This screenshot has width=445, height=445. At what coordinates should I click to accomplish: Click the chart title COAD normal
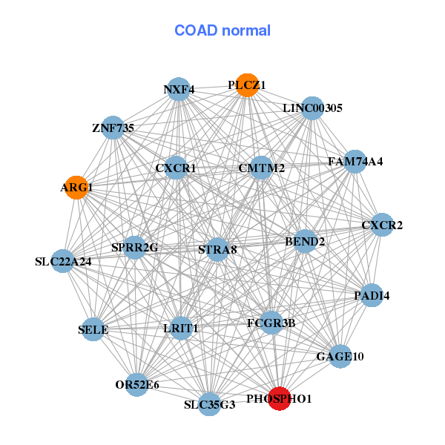pyautogui.click(x=222, y=30)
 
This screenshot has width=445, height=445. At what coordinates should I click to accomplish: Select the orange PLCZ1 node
pyautogui.click(x=243, y=85)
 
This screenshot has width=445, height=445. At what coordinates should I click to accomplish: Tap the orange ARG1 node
pyautogui.click(x=76, y=187)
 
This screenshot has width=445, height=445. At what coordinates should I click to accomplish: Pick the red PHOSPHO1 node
pyautogui.click(x=279, y=398)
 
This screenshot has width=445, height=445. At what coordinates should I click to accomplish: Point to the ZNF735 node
pyautogui.click(x=113, y=128)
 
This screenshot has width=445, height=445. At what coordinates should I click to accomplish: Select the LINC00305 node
pyautogui.click(x=312, y=108)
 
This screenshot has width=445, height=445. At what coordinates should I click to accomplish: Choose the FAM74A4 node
pyautogui.click(x=355, y=161)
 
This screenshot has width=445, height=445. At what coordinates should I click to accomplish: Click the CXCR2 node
pyautogui.click(x=382, y=225)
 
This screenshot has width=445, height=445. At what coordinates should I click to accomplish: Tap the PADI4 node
pyautogui.click(x=372, y=295)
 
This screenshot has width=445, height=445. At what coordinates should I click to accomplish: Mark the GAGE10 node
pyautogui.click(x=340, y=356)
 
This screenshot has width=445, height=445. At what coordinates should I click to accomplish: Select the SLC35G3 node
pyautogui.click(x=210, y=404)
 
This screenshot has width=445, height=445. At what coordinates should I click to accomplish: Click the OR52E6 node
pyautogui.click(x=136, y=384)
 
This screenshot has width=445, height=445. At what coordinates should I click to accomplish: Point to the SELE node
pyautogui.click(x=93, y=329)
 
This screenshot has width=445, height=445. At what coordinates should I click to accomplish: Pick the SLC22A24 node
pyautogui.click(x=63, y=261)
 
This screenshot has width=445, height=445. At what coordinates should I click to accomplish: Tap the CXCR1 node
pyautogui.click(x=176, y=168)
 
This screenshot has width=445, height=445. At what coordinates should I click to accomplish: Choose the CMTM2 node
pyautogui.click(x=262, y=168)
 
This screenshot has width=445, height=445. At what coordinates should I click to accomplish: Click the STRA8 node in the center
pyautogui.click(x=217, y=249)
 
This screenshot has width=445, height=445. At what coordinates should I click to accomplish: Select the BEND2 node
pyautogui.click(x=305, y=241)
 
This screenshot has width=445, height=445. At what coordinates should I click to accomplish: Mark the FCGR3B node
pyautogui.click(x=271, y=323)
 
